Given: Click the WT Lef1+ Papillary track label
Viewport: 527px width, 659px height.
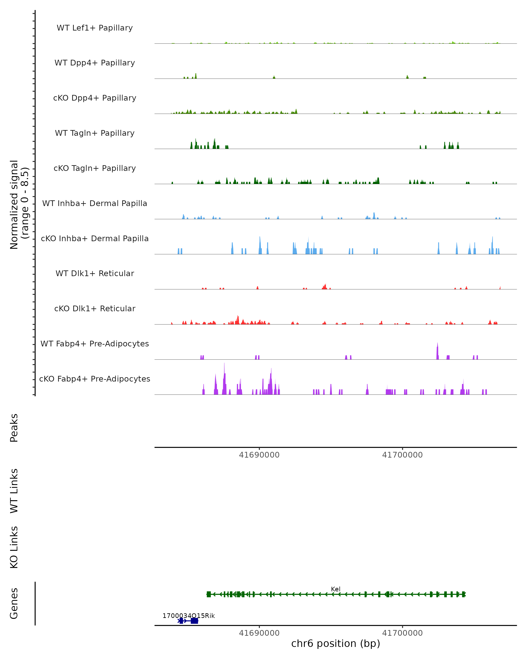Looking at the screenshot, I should (x=95, y=28).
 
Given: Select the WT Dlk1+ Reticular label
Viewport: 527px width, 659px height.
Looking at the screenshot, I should (x=95, y=273).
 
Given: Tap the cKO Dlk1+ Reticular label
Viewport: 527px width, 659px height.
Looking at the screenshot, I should (x=95, y=308).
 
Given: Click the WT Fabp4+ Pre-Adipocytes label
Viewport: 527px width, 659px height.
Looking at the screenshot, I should (x=95, y=344).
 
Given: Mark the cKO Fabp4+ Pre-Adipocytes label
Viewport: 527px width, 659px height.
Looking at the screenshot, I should (x=95, y=379).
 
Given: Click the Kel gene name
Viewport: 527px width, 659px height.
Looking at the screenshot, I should (x=336, y=589).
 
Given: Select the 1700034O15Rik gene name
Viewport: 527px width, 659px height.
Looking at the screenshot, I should (x=188, y=616).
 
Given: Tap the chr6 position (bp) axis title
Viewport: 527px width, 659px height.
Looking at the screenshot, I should (x=336, y=643).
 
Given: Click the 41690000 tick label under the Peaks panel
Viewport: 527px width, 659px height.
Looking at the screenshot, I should (x=259, y=455).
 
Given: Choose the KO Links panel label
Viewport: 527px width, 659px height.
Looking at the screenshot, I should (x=14, y=547).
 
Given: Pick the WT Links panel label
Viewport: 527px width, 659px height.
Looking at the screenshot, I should (x=14, y=491).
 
